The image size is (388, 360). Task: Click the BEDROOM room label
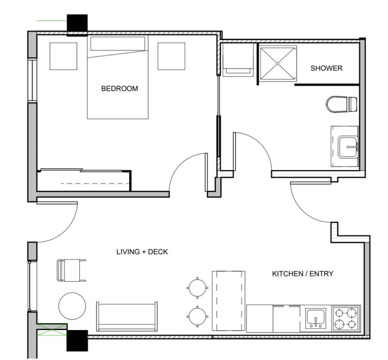tap(119, 89)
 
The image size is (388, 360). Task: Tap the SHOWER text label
tap(327, 68)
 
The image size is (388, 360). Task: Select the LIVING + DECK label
tap(142, 252)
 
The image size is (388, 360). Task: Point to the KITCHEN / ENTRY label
tap(303, 274)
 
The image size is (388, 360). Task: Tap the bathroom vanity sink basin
tap(348, 147)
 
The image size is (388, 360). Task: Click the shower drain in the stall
tap(277, 63)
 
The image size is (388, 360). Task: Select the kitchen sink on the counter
tap(316, 318)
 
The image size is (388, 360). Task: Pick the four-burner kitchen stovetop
tap(346, 318)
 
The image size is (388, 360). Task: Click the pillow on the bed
tap(117, 44)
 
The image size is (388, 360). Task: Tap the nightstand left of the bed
tap(63, 56)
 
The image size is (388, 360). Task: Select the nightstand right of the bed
tap(171, 56)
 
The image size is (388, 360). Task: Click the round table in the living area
tap(72, 306)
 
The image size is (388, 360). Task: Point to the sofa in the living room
tap(127, 316)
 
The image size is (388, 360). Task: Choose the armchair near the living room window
tap(71, 271)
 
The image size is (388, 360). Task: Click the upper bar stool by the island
tap(197, 288)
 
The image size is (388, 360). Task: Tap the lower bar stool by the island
tap(197, 316)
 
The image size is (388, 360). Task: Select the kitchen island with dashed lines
tap(229, 301)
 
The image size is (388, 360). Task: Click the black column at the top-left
tap(77, 25)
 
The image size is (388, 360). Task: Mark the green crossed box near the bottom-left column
tap(52, 330)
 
